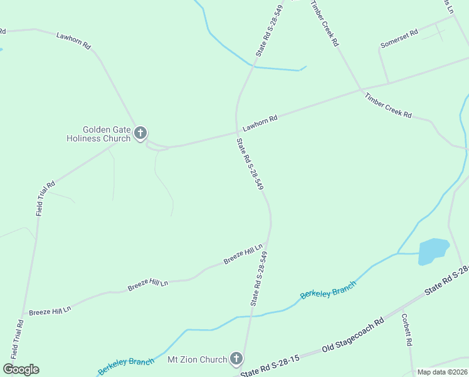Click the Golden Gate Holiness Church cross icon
coord(140,133)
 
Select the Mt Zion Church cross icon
coord(236,359)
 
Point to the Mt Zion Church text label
coord(197,360)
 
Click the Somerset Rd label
coord(399,39)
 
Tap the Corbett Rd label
coord(406,330)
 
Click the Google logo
coord(21,369)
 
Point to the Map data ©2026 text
coord(443,372)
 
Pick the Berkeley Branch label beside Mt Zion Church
coord(125,365)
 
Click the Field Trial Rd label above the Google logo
coord(19,340)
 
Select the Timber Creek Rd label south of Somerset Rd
coord(388,105)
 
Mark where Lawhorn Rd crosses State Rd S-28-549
coord(236,133)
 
